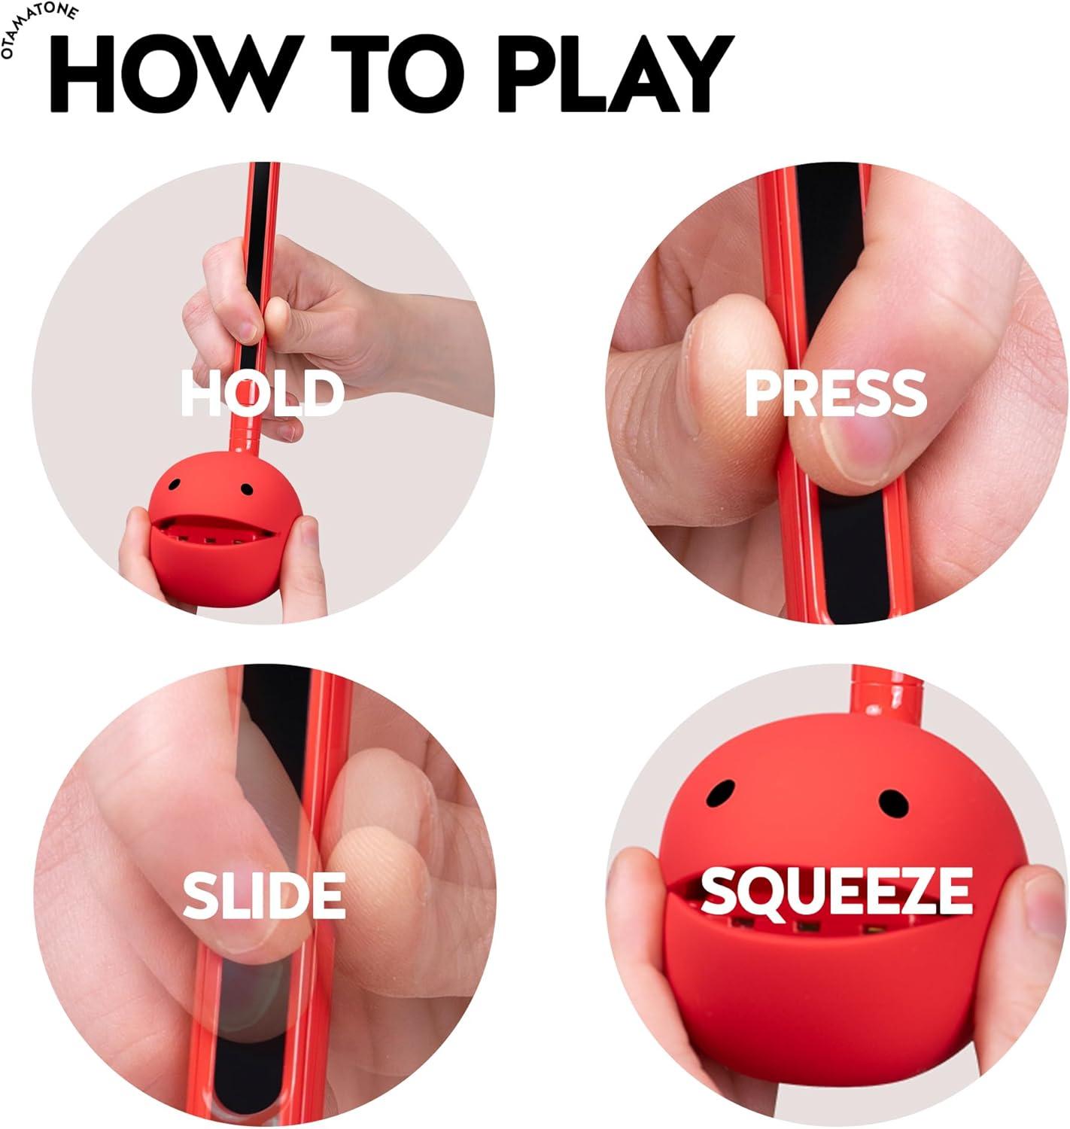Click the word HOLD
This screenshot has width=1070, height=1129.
[263, 393]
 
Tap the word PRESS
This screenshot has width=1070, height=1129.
[834, 393]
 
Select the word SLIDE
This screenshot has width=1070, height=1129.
[264, 895]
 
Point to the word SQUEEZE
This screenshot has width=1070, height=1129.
[836, 890]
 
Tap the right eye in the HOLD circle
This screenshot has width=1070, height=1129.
[246, 490]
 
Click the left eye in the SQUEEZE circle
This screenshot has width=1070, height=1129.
[725, 792]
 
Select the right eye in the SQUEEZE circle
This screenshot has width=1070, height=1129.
[894, 804]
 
